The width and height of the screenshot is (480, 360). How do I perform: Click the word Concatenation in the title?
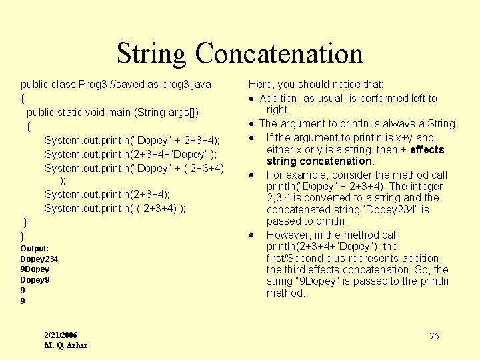click(279, 54)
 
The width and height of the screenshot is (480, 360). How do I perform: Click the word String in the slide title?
click(153, 54)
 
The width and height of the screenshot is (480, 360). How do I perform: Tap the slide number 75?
click(434, 336)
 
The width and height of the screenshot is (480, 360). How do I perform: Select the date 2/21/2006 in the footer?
click(61, 335)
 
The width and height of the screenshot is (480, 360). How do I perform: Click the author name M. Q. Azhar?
click(66, 345)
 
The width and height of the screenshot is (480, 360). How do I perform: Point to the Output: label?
click(35, 248)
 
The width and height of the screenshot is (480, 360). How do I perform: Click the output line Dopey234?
click(39, 259)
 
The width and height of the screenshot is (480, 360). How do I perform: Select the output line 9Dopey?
click(35, 269)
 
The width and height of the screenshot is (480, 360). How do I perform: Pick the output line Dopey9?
click(35, 280)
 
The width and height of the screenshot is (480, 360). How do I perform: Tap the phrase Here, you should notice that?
click(316, 85)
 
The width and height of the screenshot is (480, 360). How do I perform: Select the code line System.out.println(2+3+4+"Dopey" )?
click(131, 154)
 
